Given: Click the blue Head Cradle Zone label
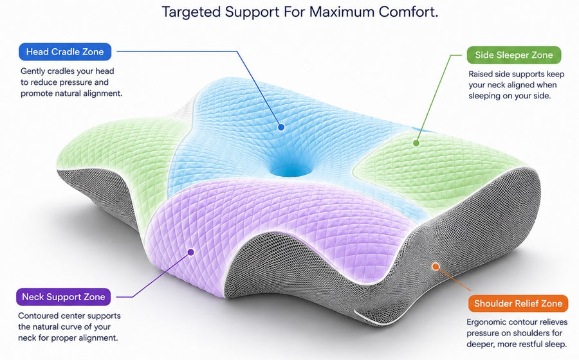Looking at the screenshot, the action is [x=65, y=51].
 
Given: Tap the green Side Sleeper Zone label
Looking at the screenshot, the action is [x=513, y=55].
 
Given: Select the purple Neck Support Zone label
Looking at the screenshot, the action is [x=63, y=297].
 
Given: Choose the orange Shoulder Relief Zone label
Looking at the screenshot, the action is [x=518, y=303].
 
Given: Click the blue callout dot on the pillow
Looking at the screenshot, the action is [x=281, y=127].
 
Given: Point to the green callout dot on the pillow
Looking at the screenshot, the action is [x=416, y=143].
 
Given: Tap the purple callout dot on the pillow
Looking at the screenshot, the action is [x=190, y=252].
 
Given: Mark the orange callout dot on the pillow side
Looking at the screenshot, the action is [x=436, y=266].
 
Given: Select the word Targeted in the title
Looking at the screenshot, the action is [x=191, y=12].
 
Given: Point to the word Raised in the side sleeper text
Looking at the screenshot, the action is [x=481, y=74].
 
